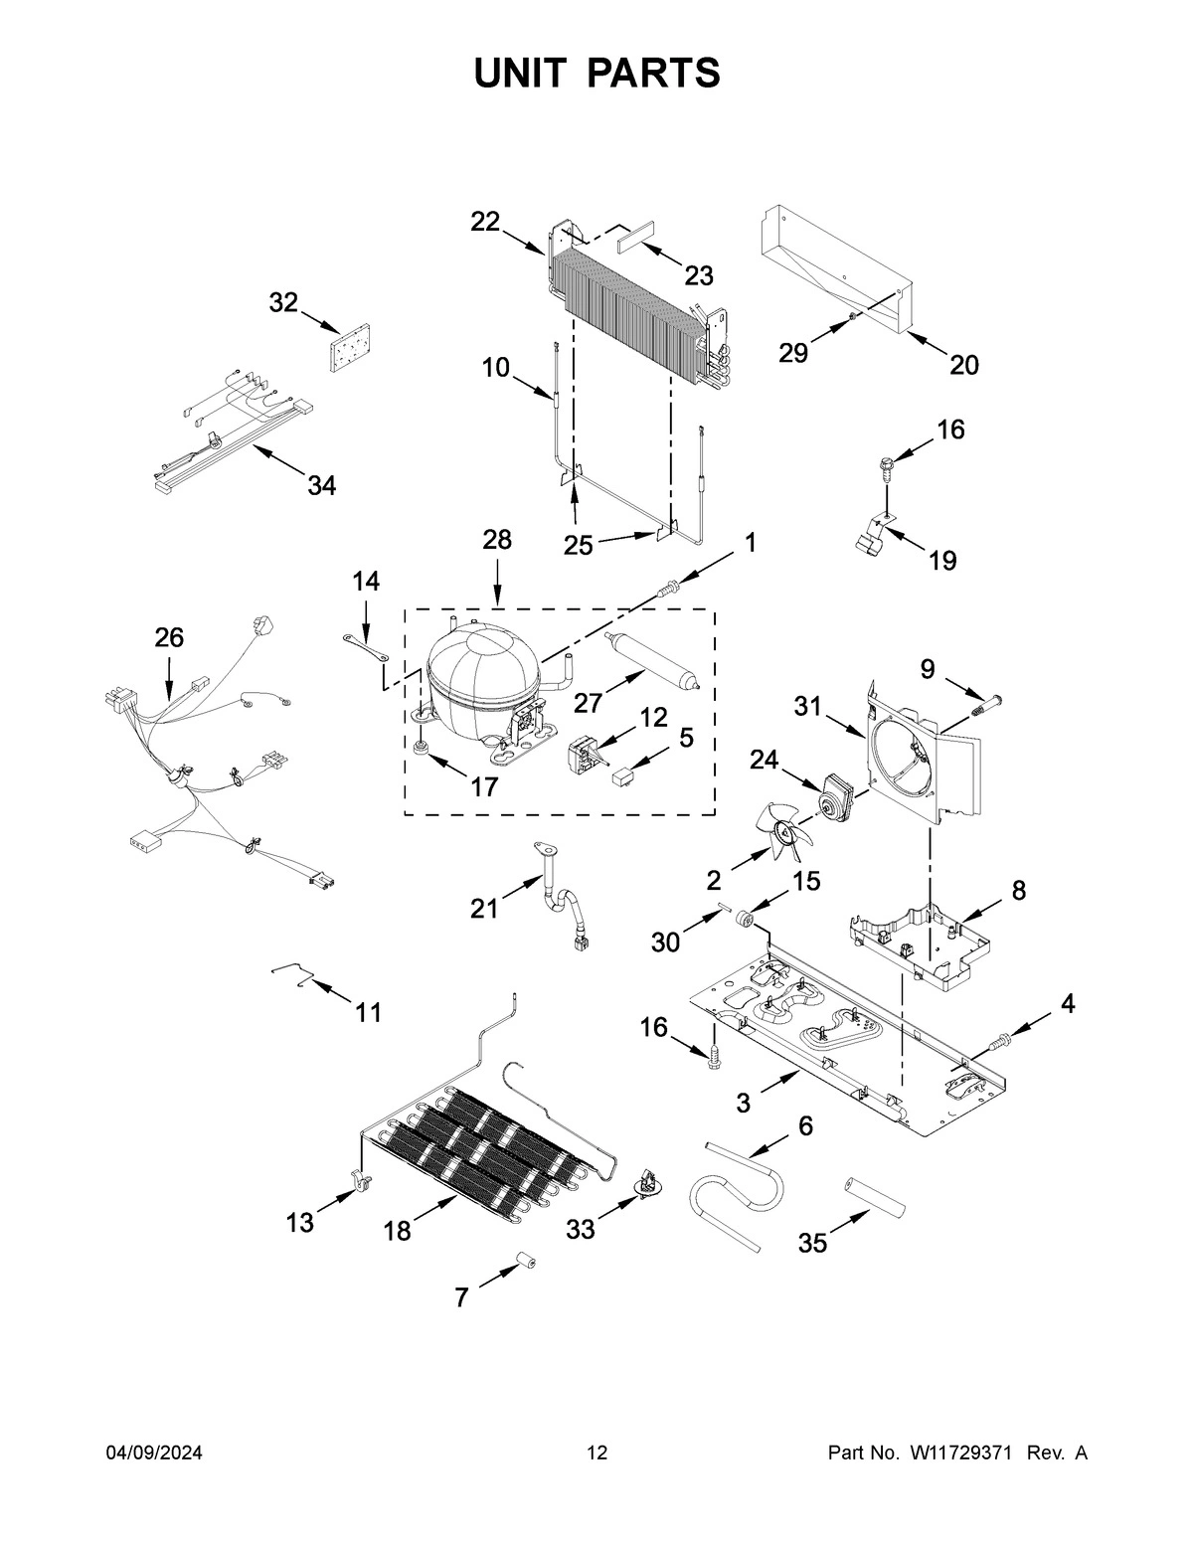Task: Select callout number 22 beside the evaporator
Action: pyautogui.click(x=485, y=222)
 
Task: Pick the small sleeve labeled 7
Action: pyautogui.click(x=524, y=1264)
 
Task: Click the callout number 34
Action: pyautogui.click(x=321, y=486)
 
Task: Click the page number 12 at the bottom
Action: pyautogui.click(x=596, y=1454)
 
